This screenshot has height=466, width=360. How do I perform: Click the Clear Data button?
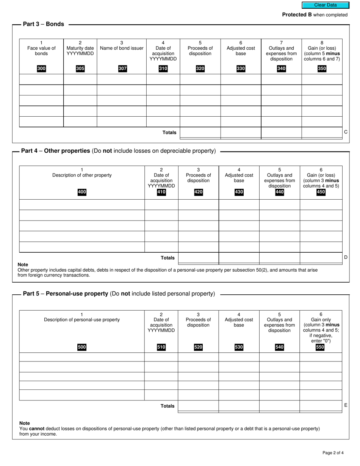pyautogui.click(x=325, y=5)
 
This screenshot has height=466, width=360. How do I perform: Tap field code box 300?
pyautogui.click(x=41, y=69)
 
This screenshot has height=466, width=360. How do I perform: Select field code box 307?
pyautogui.click(x=122, y=69)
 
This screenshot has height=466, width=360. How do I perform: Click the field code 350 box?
pyautogui.click(x=322, y=69)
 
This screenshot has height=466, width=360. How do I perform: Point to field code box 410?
pyautogui.click(x=161, y=192)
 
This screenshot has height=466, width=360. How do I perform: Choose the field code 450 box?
pyautogui.click(x=321, y=192)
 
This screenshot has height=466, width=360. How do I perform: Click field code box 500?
pyautogui.click(x=82, y=347)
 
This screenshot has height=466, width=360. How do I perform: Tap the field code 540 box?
pyautogui.click(x=279, y=347)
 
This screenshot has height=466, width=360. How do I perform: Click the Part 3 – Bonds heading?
pyautogui.click(x=44, y=24)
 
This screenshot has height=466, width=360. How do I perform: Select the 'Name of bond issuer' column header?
pyautogui.click(x=122, y=48)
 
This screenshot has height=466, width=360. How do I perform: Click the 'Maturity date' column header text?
pyautogui.click(x=80, y=48)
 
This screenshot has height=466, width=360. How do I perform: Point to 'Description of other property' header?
pyautogui.click(x=82, y=175)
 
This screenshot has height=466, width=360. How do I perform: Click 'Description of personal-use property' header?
pyautogui.click(x=82, y=319)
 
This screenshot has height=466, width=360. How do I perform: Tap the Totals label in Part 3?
pyautogui.click(x=169, y=133)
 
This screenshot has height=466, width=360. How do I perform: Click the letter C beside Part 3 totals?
pyautogui.click(x=346, y=132)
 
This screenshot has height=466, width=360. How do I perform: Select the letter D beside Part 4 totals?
pyautogui.click(x=346, y=257)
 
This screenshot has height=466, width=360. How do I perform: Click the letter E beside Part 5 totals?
pyautogui.click(x=346, y=405)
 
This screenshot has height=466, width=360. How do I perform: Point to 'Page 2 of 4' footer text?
pyautogui.click(x=333, y=452)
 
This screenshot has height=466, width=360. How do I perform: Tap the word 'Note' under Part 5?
pyautogui.click(x=25, y=423)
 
